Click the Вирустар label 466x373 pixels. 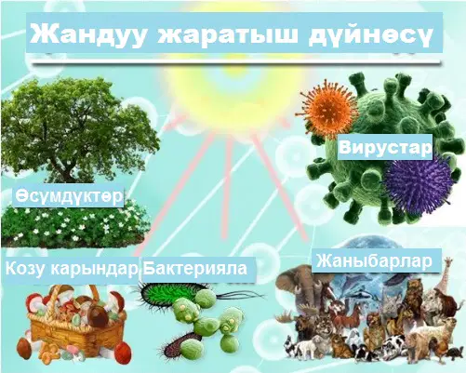385,147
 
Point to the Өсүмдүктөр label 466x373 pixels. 69,196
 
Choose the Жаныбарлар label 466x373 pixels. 374,261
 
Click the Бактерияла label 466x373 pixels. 194,268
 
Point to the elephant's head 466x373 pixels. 296,286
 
